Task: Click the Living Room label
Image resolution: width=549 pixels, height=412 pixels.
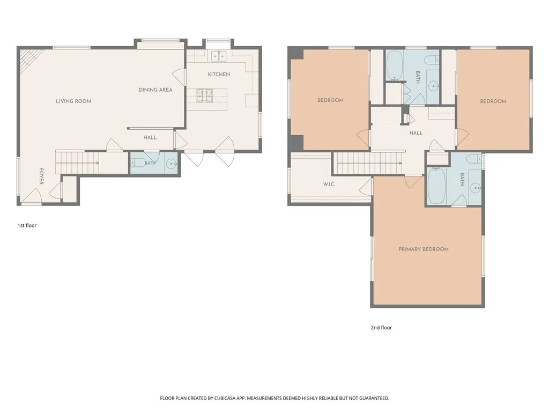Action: [x=73, y=101]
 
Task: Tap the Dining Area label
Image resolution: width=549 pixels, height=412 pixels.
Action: [x=155, y=90]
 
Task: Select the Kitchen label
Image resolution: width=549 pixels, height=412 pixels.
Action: [x=219, y=74]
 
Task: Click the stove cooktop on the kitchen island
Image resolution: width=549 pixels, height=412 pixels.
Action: [x=204, y=95]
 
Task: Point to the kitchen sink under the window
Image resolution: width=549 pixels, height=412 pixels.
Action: [x=219, y=56]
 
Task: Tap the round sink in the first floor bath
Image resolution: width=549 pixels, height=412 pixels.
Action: [x=171, y=164]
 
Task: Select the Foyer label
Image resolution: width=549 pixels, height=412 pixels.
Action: [x=41, y=176]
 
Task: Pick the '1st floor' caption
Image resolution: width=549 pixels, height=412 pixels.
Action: [x=27, y=225]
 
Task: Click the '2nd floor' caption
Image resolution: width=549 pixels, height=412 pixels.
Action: [x=381, y=328]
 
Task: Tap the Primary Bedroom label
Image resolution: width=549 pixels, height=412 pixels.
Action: [x=424, y=249]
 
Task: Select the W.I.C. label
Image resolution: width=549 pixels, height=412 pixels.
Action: [x=329, y=185]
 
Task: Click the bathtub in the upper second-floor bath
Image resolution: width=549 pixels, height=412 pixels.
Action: [x=395, y=65]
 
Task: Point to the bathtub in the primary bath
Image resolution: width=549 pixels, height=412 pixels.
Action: [x=436, y=186]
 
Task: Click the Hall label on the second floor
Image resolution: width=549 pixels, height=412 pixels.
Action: [x=416, y=133]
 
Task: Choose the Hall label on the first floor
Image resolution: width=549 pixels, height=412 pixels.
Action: [x=150, y=137]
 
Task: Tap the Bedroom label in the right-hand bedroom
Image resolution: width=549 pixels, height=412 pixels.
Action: [x=493, y=101]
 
